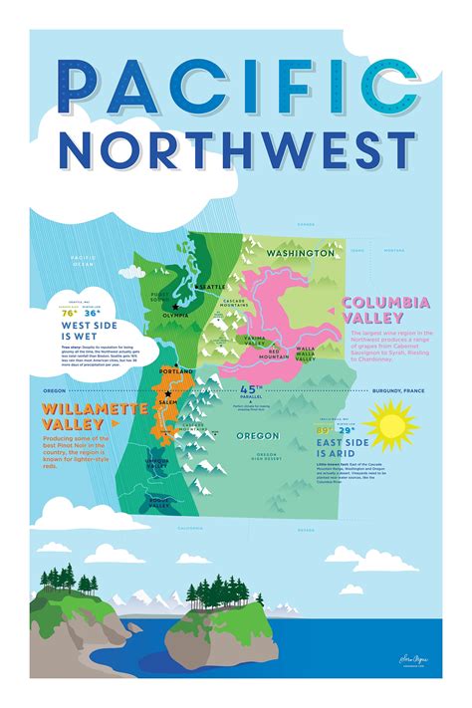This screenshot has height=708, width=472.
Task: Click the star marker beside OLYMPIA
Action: [x=174, y=306]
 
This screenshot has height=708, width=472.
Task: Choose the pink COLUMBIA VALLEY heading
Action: [x=385, y=308]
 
